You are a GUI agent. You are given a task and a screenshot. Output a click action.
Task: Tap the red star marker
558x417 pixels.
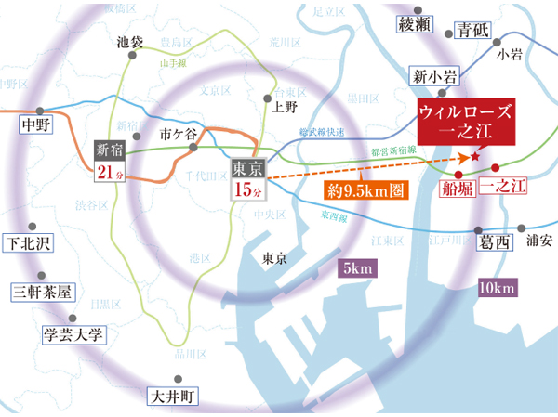point(475,157)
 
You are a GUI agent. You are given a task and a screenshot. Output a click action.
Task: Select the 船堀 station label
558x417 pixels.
point(458,189)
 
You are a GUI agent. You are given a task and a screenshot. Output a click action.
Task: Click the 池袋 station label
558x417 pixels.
point(131,42)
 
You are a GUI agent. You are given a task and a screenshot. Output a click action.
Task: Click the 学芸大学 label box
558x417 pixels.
point(73,334)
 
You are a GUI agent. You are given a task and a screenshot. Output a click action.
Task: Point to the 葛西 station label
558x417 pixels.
point(495,242)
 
